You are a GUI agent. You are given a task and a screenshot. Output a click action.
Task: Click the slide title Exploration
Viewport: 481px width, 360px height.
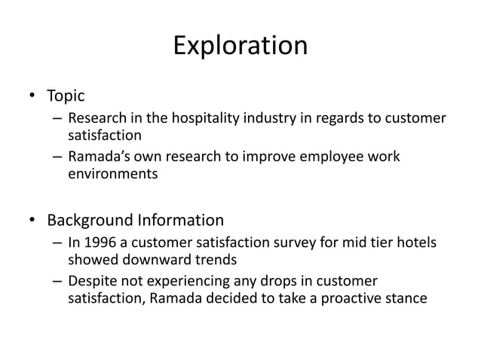240,46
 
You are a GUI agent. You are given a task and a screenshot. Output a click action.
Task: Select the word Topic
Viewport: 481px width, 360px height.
66,96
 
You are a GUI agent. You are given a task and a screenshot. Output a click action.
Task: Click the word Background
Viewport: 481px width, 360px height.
89,221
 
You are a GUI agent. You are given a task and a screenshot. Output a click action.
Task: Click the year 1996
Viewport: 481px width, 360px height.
99,244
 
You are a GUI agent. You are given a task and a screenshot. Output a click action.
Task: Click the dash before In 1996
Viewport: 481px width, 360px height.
57,244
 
